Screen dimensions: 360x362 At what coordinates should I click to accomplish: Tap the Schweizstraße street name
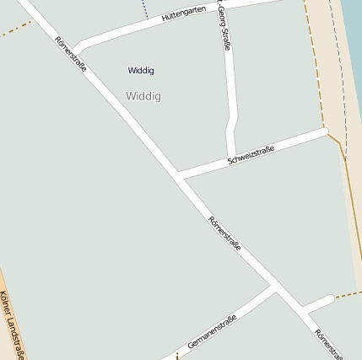(251, 155)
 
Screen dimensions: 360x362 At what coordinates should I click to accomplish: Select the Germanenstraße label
(212, 332)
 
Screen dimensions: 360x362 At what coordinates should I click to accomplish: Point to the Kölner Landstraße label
(12, 325)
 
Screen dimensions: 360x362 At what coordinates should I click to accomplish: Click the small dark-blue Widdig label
(141, 70)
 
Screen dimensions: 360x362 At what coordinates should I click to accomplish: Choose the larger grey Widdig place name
(143, 96)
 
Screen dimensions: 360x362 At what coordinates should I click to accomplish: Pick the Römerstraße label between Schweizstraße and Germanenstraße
(224, 234)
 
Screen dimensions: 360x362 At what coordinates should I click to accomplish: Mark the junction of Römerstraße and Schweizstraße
(179, 176)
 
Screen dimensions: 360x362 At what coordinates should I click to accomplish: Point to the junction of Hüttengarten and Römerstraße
(74, 49)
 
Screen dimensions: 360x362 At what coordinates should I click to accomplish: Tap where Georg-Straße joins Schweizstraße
(230, 159)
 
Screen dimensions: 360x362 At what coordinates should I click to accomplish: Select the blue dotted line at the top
(145, 9)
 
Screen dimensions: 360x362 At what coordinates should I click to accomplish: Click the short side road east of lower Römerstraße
(318, 303)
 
